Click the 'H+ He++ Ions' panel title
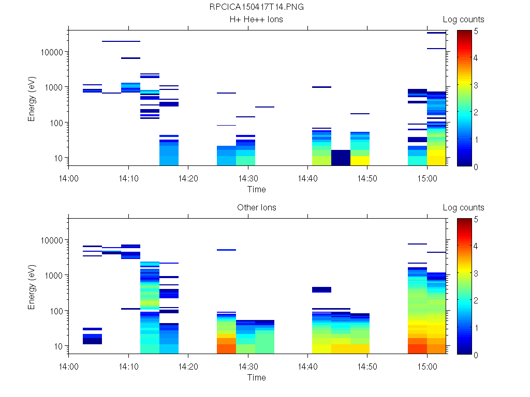pyautogui.click(x=257, y=20)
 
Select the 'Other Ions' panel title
pyautogui.click(x=257, y=208)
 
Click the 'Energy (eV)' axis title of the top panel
pyautogui.click(x=32, y=98)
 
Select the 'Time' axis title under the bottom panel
pyautogui.click(x=257, y=377)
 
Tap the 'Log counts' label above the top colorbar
pyautogui.click(x=463, y=20)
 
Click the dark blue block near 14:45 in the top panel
pyautogui.click(x=341, y=158)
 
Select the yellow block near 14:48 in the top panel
pyautogui.click(x=360, y=160)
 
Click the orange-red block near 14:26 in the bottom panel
pyautogui.click(x=226, y=348)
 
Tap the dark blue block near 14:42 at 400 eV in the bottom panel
pyautogui.click(x=321, y=289)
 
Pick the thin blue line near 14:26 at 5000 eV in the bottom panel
pyautogui.click(x=226, y=250)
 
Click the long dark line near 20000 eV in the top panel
pyautogui.click(x=121, y=41)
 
